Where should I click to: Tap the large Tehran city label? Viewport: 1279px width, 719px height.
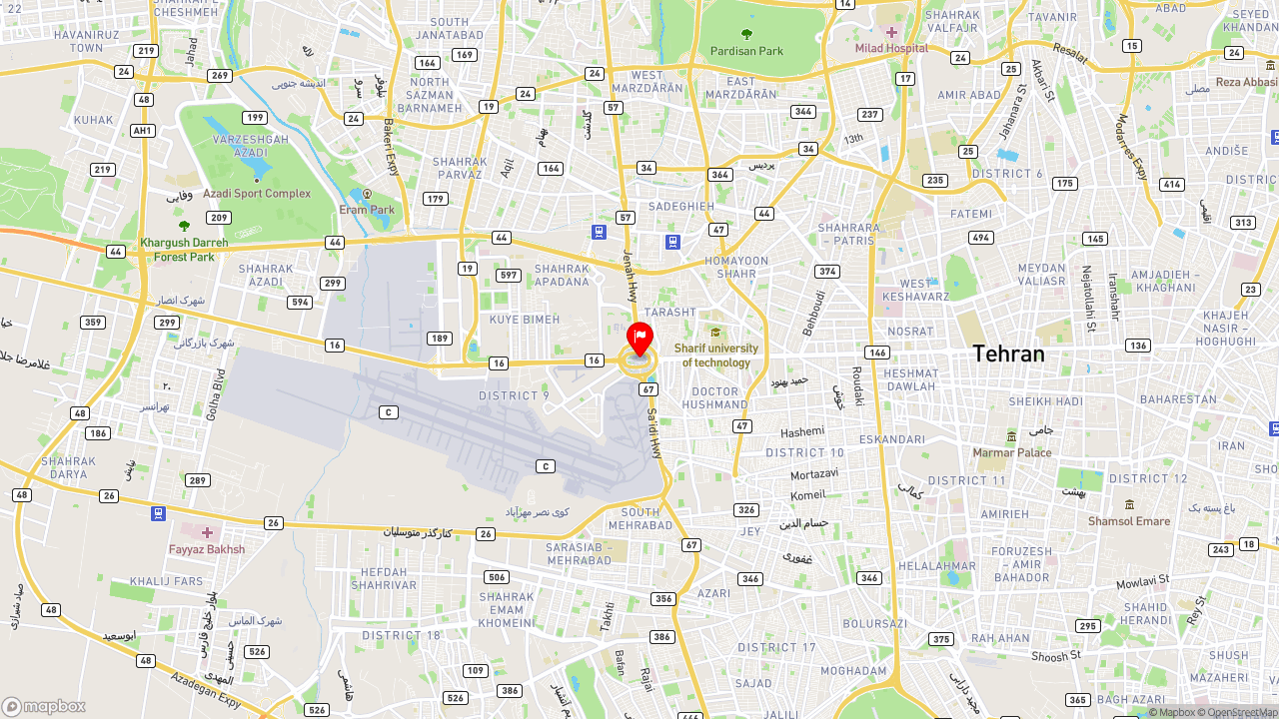click(1008, 354)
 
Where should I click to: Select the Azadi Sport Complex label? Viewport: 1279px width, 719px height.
click(257, 194)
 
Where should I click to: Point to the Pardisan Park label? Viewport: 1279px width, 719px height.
click(746, 51)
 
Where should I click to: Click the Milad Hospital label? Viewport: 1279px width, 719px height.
click(891, 48)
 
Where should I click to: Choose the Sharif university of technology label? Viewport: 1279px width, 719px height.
click(715, 356)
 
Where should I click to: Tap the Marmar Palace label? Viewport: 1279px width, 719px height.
click(1012, 452)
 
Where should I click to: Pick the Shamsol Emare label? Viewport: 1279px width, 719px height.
click(1129, 520)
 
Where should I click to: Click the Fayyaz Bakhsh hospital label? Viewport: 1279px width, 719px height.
click(207, 549)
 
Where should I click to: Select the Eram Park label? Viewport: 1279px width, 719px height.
click(367, 210)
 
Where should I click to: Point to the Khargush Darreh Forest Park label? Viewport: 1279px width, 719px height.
click(184, 250)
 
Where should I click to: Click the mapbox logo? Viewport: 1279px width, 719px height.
click(44, 706)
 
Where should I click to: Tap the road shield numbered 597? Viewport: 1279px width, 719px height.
click(509, 276)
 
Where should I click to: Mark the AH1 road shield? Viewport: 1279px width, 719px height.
click(143, 131)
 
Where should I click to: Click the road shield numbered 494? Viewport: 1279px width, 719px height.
click(980, 238)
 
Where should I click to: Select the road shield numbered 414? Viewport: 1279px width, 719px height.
click(1171, 185)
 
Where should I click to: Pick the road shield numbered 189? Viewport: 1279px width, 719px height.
click(440, 339)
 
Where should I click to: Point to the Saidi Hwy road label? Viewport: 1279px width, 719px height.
click(654, 431)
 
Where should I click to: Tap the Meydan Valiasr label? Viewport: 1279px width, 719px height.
click(1042, 275)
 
